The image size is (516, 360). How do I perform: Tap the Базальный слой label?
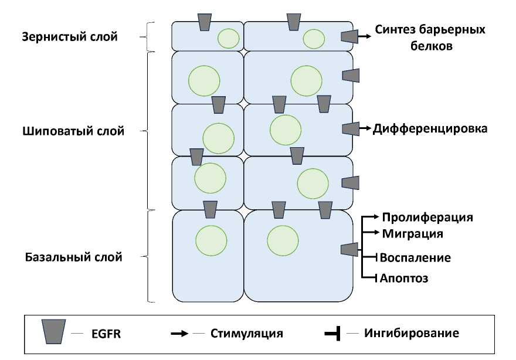[74, 257]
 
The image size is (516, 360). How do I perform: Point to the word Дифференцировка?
[430, 128]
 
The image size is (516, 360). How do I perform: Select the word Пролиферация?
[427, 218]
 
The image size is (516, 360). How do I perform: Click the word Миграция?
[412, 233]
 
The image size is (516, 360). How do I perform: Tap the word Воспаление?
[415, 257]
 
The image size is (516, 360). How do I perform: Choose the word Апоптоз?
[404, 278]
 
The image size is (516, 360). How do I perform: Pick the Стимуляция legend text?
[247, 334]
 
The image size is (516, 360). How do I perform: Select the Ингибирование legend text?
[411, 333]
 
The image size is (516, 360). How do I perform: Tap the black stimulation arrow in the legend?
[179, 334]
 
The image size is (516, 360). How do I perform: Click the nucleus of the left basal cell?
[211, 241]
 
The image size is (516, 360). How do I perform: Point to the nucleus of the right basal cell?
[283, 241]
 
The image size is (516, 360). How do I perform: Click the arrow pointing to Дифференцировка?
[364, 128]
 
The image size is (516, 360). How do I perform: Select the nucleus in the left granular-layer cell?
[229, 39]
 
